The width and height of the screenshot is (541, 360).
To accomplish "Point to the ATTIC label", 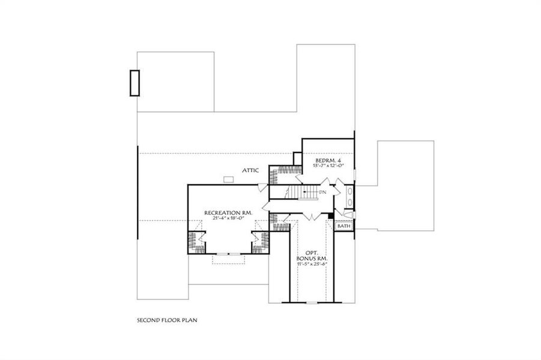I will (250, 170).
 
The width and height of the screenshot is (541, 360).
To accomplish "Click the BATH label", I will (343, 226).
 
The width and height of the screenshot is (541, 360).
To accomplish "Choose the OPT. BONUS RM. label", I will (311, 255).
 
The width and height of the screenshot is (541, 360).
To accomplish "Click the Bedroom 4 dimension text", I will (328, 166).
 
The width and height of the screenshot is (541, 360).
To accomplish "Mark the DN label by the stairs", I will (322, 192).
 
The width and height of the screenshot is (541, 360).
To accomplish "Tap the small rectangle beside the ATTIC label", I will (228, 178).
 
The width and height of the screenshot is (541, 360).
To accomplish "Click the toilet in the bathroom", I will (348, 214).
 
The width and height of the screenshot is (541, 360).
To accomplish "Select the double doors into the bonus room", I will (312, 215).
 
